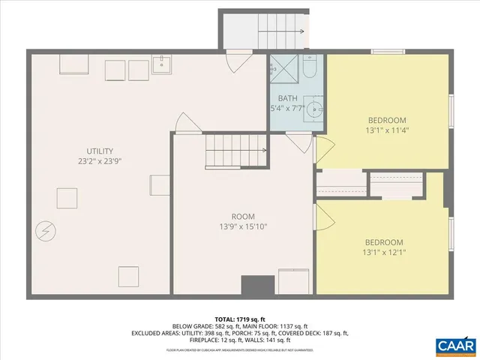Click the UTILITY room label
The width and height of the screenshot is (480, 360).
(x=99, y=151)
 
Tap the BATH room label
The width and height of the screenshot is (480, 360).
(x=288, y=98)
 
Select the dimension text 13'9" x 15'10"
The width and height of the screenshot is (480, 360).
(x=244, y=226)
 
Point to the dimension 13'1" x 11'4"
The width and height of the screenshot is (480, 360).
(x=387, y=130)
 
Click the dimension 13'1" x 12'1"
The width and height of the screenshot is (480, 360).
(x=384, y=253)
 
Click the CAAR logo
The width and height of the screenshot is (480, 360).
(x=454, y=345)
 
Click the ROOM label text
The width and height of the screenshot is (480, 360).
(x=244, y=215)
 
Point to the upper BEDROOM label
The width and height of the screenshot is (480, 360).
(x=387, y=120)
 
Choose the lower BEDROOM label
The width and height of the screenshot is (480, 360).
(x=384, y=242)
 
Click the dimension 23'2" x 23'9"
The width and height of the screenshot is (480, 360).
(x=99, y=161)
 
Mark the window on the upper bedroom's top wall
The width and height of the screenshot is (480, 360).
(x=388, y=51)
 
